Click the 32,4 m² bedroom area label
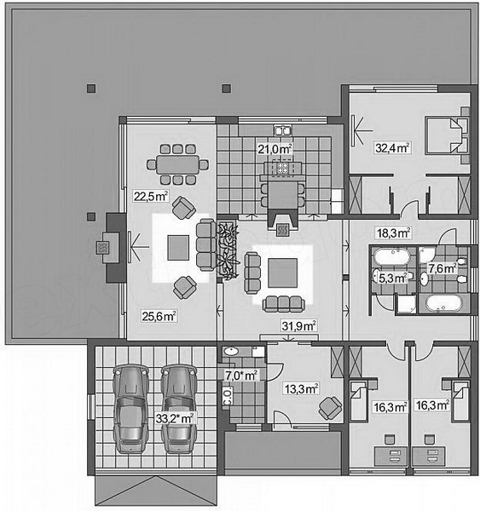coord(392,148)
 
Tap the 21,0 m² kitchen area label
coord(275,149)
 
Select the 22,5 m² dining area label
coord(150,196)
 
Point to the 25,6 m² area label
coord(159,316)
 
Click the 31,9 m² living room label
coord(298,325)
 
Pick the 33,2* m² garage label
coord(175,418)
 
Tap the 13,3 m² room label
coord(301,389)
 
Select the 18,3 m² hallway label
coord(393,233)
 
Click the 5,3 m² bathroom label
coord(392,278)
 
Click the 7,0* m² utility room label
coord(241,376)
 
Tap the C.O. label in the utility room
coord(227,396)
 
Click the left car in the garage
coord(130,409)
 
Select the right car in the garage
coord(179,409)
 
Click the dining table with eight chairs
coord(177,164)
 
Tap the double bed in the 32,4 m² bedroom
coord(447,135)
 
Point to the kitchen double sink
coord(282,130)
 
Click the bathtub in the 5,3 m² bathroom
coord(391,257)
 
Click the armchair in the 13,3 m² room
coord(330,408)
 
